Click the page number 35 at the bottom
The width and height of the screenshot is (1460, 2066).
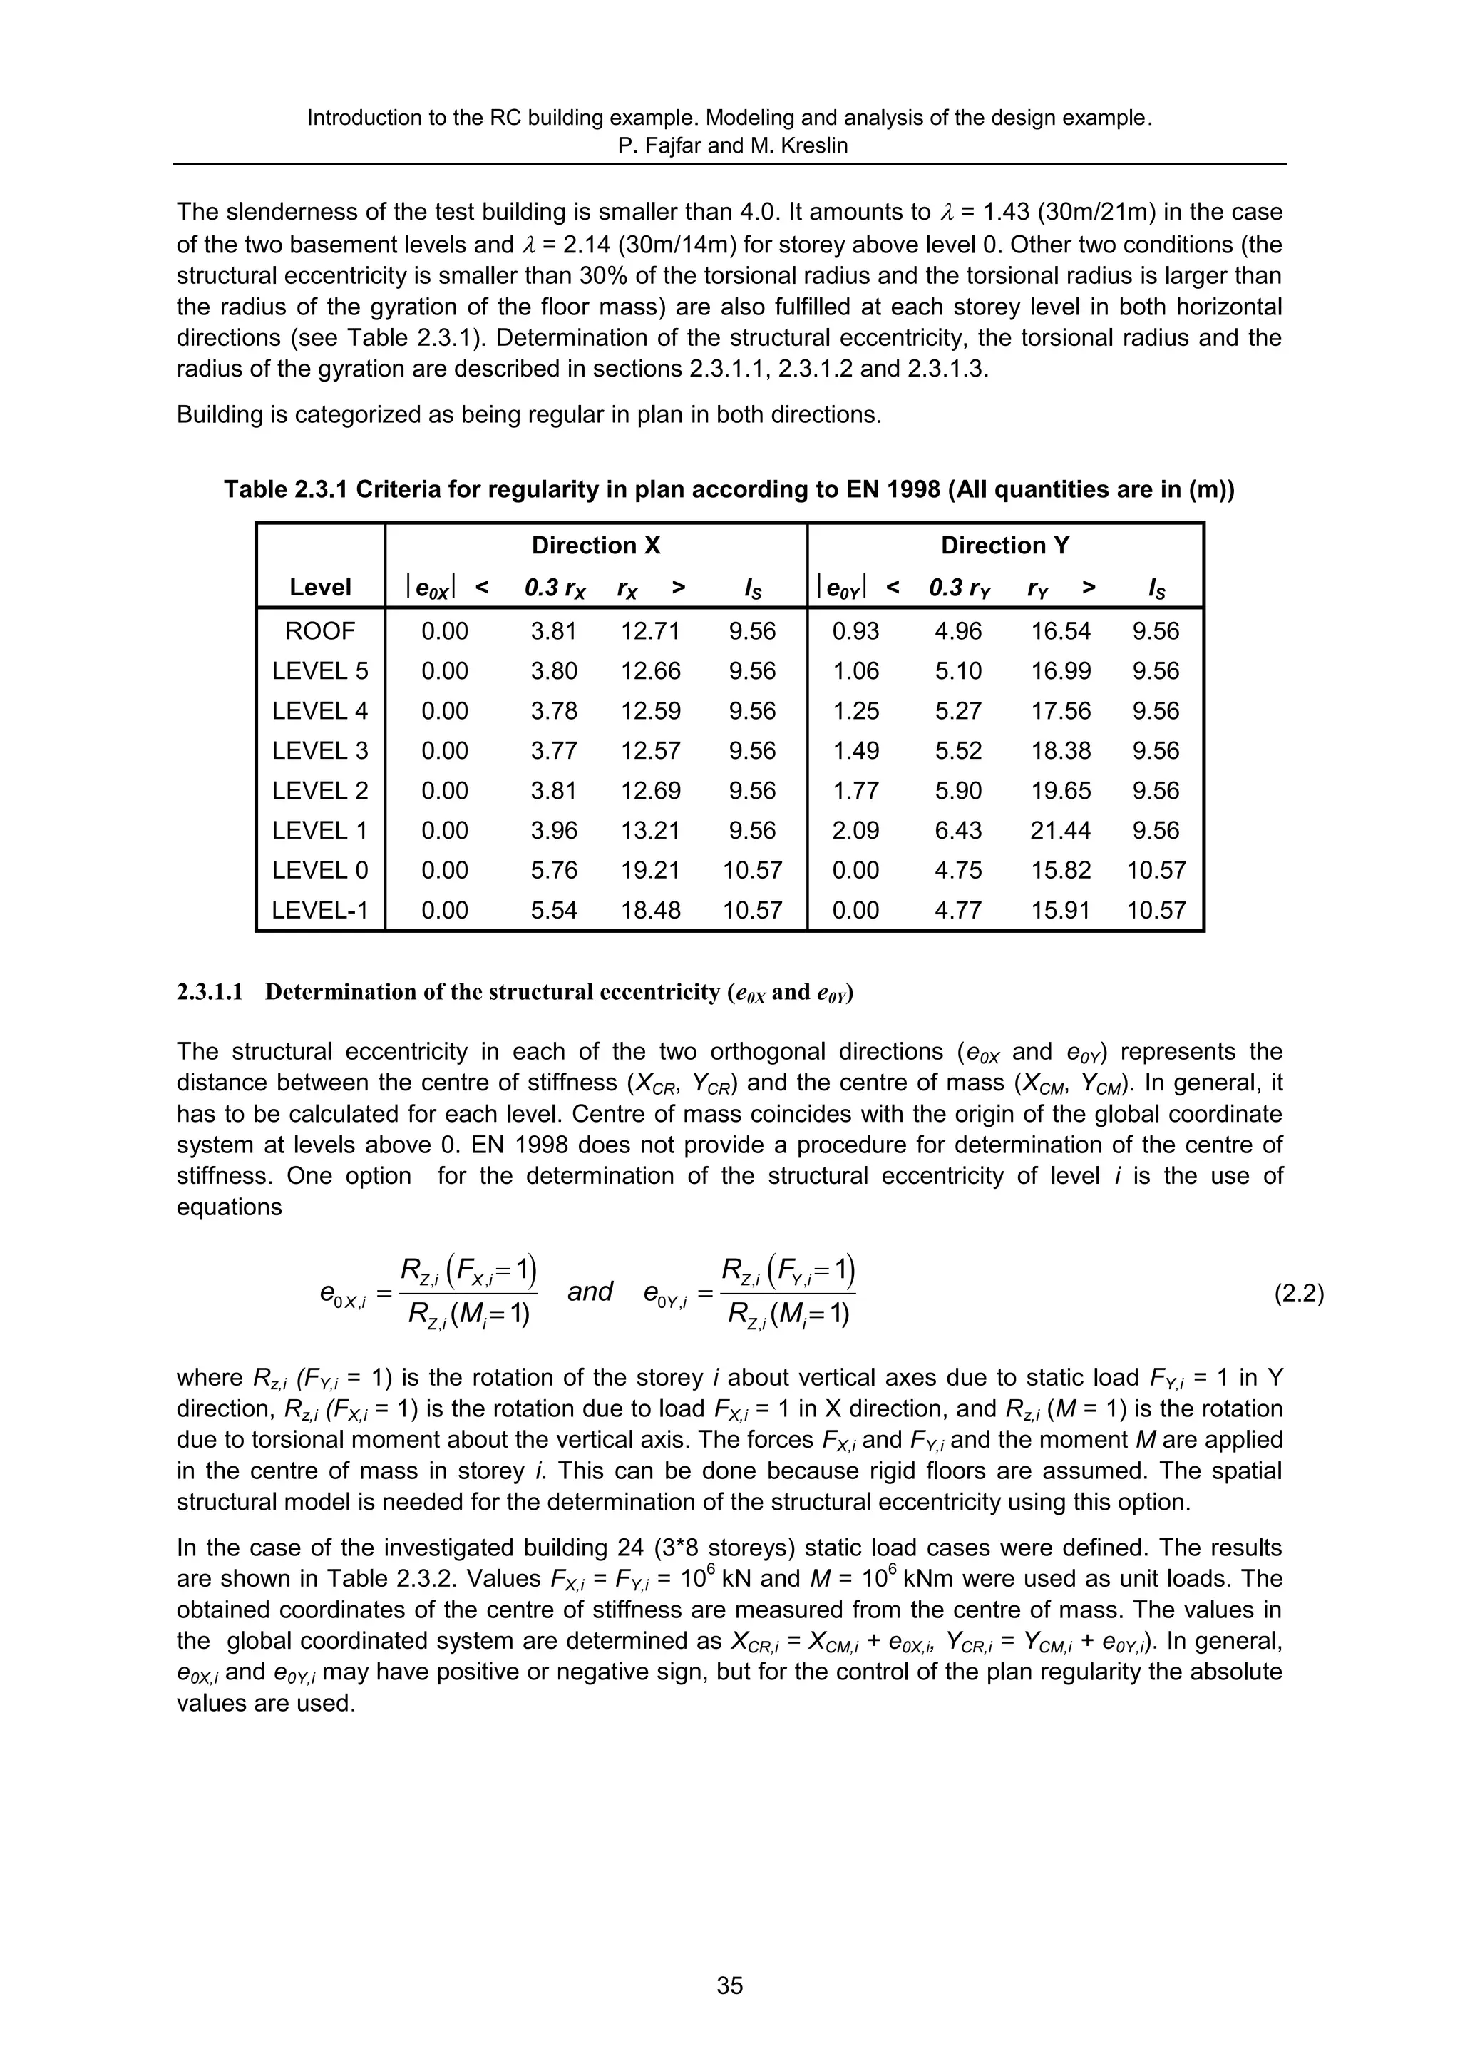(729, 1985)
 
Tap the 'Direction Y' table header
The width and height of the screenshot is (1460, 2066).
(1004, 546)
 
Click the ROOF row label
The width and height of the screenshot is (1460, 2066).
(320, 630)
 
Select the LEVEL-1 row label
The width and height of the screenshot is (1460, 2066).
(320, 911)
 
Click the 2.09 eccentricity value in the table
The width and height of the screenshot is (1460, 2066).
(855, 831)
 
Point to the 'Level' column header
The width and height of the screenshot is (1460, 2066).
(320, 588)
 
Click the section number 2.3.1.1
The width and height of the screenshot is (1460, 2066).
(210, 993)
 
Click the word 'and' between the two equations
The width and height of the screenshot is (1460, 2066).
(590, 1292)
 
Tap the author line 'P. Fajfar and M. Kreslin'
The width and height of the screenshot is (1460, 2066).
(729, 145)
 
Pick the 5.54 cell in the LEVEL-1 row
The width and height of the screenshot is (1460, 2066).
(553, 911)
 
